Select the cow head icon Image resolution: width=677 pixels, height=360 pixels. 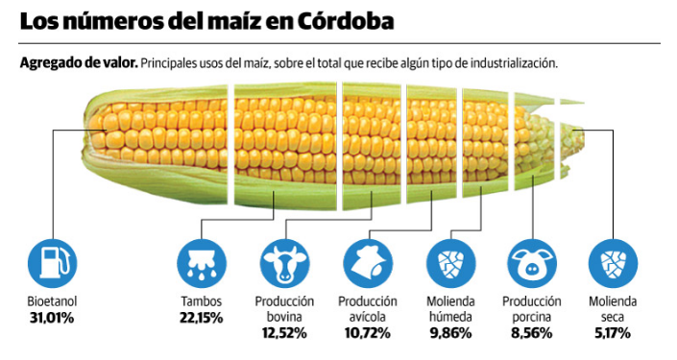pyautogui.click(x=284, y=262)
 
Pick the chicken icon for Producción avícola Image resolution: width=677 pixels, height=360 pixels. pyautogui.click(x=367, y=262)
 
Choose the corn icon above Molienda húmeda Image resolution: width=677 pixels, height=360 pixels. pyautogui.click(x=449, y=262)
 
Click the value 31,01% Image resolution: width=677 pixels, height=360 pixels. pyautogui.click(x=51, y=318)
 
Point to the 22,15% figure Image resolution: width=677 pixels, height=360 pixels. pyautogui.click(x=201, y=318)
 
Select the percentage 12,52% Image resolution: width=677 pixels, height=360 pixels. pyautogui.click(x=284, y=333)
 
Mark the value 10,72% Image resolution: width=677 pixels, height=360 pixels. pyautogui.click(x=367, y=333)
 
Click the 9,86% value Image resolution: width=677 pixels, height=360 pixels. pyautogui.click(x=449, y=333)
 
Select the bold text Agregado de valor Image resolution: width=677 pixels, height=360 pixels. pyautogui.click(x=78, y=62)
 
